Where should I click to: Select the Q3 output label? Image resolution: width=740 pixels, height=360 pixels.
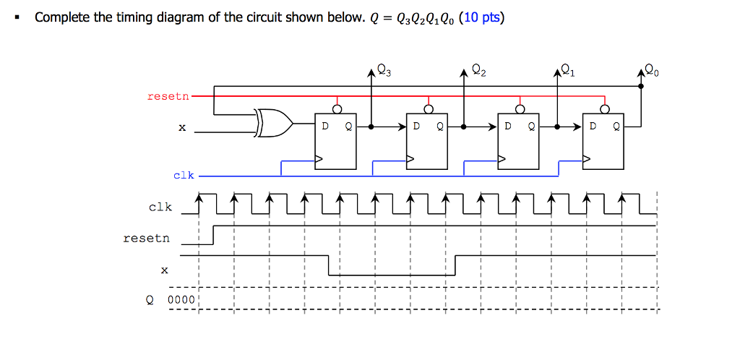383,72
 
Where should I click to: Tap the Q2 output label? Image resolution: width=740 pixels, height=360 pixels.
478,71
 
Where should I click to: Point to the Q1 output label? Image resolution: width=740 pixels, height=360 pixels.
569,72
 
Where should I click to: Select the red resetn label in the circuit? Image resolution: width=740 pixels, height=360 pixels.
168,95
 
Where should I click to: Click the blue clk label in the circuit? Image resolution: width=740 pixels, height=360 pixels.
184,175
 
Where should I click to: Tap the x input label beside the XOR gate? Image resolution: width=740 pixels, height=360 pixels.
182,128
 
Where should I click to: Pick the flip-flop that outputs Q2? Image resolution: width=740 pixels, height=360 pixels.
427,142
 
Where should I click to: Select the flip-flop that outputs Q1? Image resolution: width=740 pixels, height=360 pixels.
518,142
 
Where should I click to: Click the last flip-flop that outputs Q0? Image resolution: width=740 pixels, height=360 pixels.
604,142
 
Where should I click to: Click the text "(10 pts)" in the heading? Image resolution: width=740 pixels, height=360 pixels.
481,18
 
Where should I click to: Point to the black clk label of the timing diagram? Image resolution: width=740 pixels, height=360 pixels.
160,207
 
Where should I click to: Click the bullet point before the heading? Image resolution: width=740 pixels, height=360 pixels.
16,18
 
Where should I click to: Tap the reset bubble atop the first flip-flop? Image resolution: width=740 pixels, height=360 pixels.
337,109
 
